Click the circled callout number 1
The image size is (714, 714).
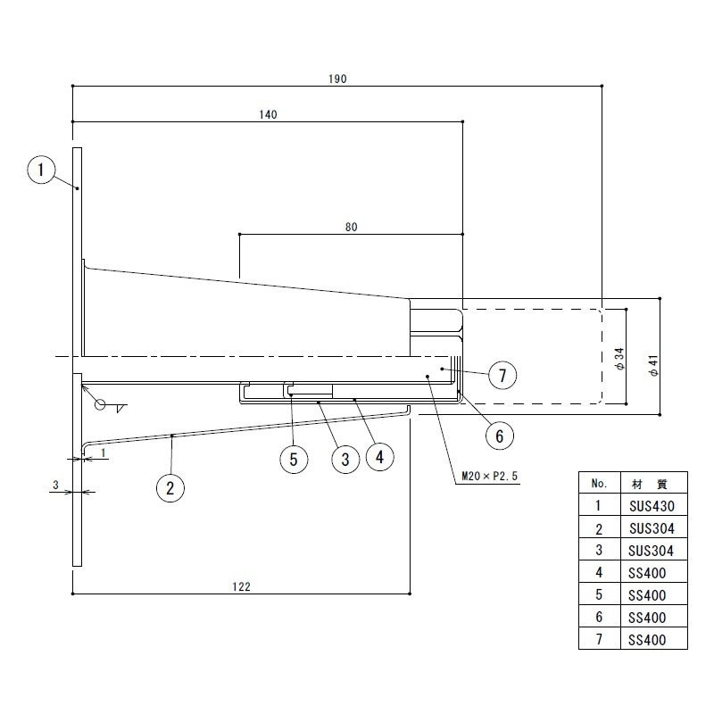coord(41,170)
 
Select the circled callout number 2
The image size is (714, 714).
coord(170,488)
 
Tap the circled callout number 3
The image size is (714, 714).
coord(345,459)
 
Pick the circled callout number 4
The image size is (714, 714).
coord(380,457)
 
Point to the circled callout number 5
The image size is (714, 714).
coord(294,459)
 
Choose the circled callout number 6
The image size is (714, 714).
coord(500,436)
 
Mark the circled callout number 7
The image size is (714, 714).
coord(502,375)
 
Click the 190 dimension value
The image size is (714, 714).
coord(337,79)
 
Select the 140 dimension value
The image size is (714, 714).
coord(268,114)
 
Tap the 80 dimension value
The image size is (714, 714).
coord(351,227)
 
